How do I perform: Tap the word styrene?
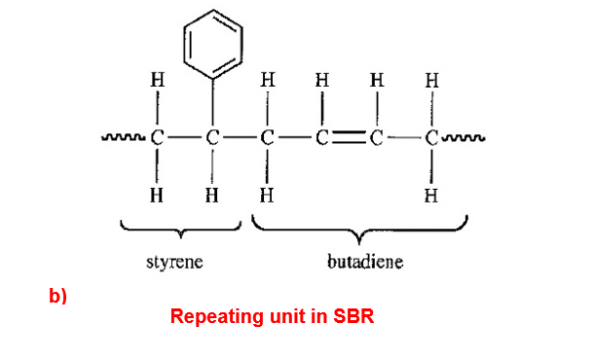(x=174, y=262)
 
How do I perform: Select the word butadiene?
(x=365, y=262)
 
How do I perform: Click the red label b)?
(x=57, y=296)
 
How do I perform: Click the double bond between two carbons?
(x=349, y=138)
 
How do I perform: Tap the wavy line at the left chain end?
(x=123, y=137)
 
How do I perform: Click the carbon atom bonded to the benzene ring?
(x=212, y=138)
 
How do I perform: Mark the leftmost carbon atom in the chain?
(x=158, y=138)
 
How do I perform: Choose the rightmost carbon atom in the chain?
(x=431, y=138)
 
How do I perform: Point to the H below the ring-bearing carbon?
(x=212, y=196)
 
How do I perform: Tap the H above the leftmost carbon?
(x=158, y=80)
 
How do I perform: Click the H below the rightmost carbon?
(x=431, y=196)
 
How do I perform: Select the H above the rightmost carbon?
(x=432, y=80)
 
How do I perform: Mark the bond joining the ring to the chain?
(x=212, y=103)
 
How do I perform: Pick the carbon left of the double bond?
(x=322, y=138)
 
